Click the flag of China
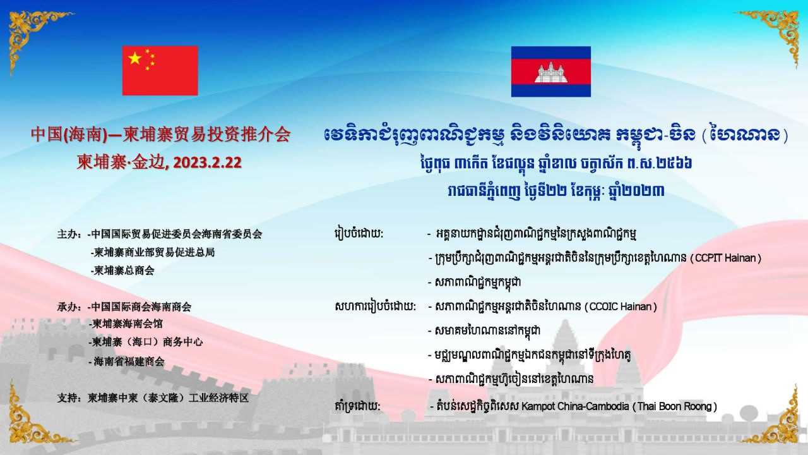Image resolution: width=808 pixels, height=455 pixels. [160, 70]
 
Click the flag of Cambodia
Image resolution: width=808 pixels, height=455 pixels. [551, 71]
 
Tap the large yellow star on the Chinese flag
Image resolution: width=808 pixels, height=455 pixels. [135, 58]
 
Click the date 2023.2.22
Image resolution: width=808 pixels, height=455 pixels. [207, 162]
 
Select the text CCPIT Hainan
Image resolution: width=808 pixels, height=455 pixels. [725, 258]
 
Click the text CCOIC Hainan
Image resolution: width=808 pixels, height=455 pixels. [621, 306]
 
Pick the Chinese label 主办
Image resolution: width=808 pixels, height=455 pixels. [67, 234]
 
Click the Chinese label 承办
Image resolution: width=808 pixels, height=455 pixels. [67, 307]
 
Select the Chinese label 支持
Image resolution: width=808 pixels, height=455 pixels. [67, 398]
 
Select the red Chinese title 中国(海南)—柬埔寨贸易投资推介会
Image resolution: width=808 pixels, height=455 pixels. [160, 135]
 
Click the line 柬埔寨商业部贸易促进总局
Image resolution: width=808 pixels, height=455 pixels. [153, 252]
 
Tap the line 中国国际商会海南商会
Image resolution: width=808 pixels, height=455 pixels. [140, 307]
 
